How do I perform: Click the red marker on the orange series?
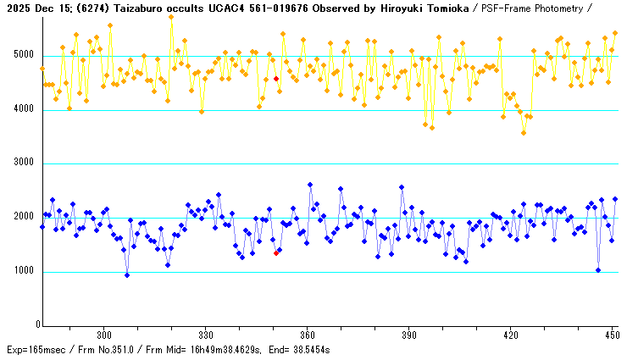click(x=276, y=79)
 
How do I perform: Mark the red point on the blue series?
click(x=276, y=252)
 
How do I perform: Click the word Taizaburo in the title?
click(x=139, y=7)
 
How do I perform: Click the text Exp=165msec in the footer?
click(x=34, y=349)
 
